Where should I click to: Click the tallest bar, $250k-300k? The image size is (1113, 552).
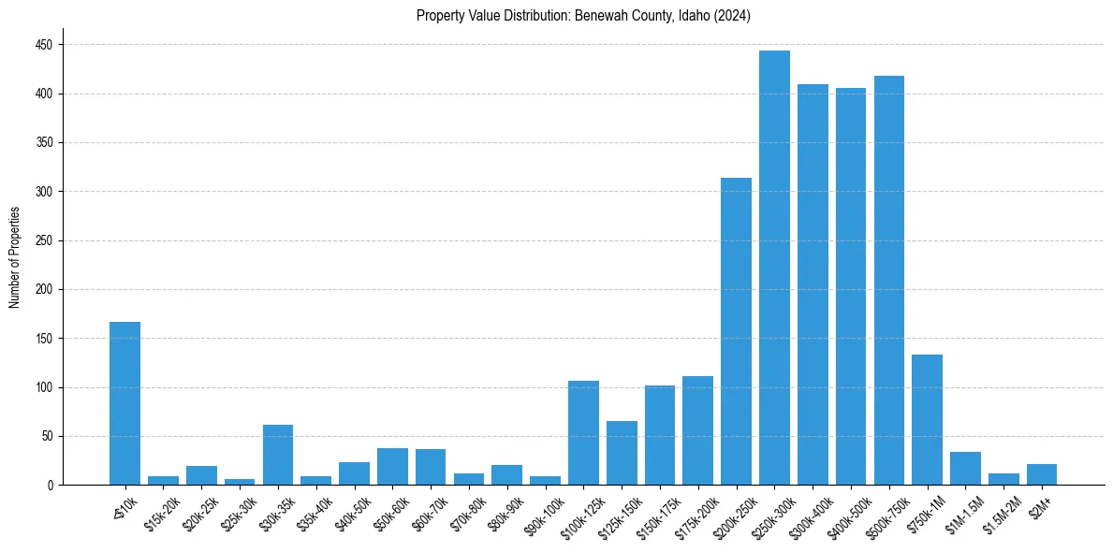774,268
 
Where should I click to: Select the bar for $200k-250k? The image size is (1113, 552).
736,331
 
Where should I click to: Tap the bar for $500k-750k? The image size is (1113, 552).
888,280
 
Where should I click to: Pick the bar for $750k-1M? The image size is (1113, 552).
927,419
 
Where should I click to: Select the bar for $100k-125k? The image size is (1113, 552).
583,432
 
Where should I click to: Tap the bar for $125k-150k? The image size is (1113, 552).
622,453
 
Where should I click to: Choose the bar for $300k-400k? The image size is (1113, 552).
813,284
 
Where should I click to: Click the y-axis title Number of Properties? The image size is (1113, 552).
14,257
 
